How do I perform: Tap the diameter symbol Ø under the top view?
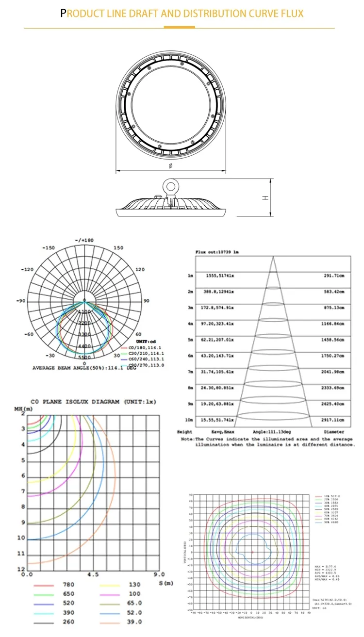170,166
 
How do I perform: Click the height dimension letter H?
265,198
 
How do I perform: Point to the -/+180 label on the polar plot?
84,241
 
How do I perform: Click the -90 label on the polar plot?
20,301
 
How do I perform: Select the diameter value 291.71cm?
333,276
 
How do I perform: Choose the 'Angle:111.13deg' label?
271,431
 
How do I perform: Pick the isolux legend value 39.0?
135,621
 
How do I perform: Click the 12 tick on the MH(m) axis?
21,569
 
